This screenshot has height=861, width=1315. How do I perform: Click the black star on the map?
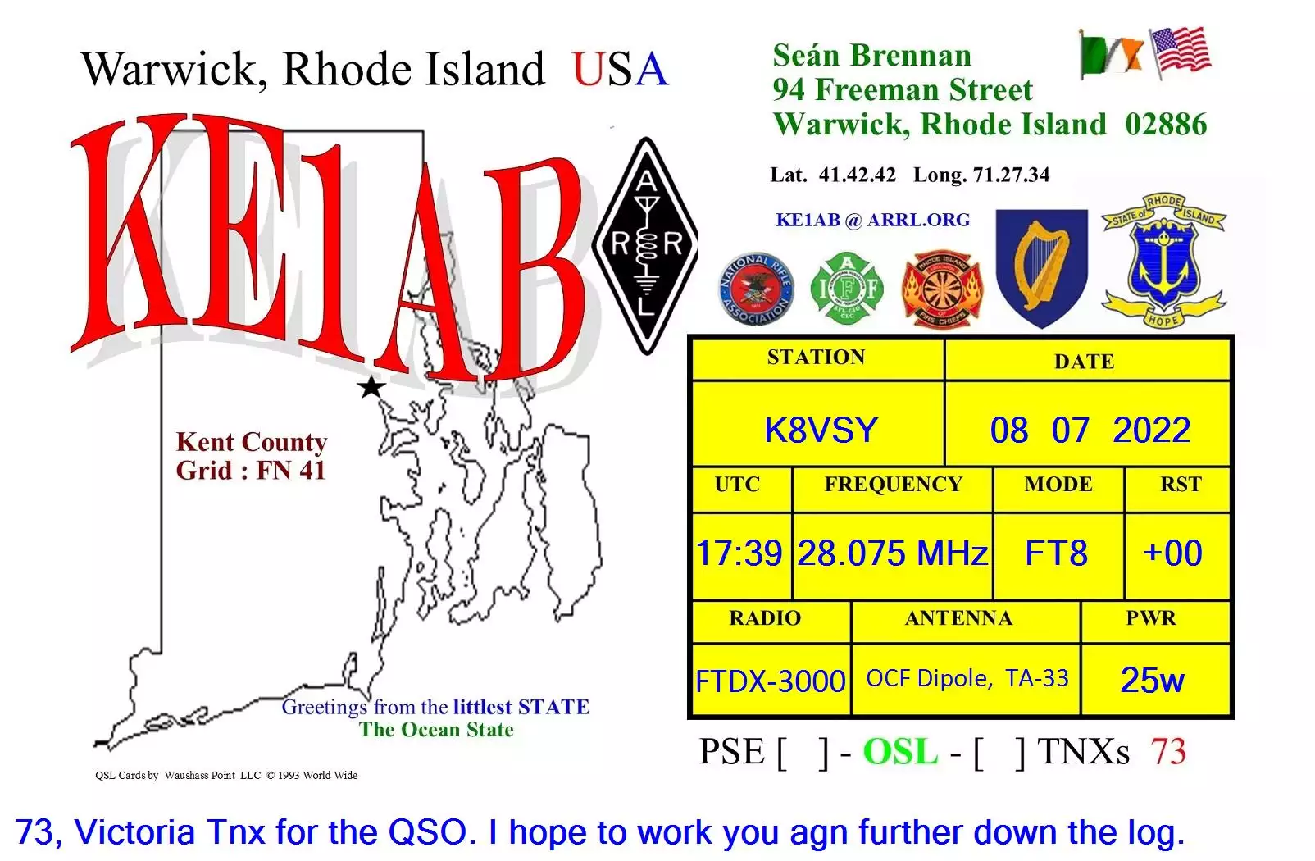pos(371,386)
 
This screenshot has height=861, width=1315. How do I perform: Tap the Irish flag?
pos(1111,53)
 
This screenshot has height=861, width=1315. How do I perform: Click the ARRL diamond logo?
pos(646,245)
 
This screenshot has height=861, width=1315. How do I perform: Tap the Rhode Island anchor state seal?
pos(1163,262)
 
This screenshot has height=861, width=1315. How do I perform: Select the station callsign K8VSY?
pos(821,430)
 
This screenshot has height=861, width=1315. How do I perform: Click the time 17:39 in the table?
pos(739,553)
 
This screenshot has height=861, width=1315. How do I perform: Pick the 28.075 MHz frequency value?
pos(892,553)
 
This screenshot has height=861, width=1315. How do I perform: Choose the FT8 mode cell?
pos(1056,553)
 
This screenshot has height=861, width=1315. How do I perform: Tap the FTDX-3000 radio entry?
pos(770,681)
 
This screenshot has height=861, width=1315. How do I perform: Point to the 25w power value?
pos(1152,680)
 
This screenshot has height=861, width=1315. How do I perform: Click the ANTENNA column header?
pos(958,618)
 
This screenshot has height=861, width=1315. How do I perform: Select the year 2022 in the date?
pos(1151,430)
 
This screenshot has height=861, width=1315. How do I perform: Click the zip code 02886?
pos(1166,125)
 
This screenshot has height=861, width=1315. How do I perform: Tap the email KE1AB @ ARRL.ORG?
pos(872,220)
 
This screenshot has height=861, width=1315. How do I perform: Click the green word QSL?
pos(900,752)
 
